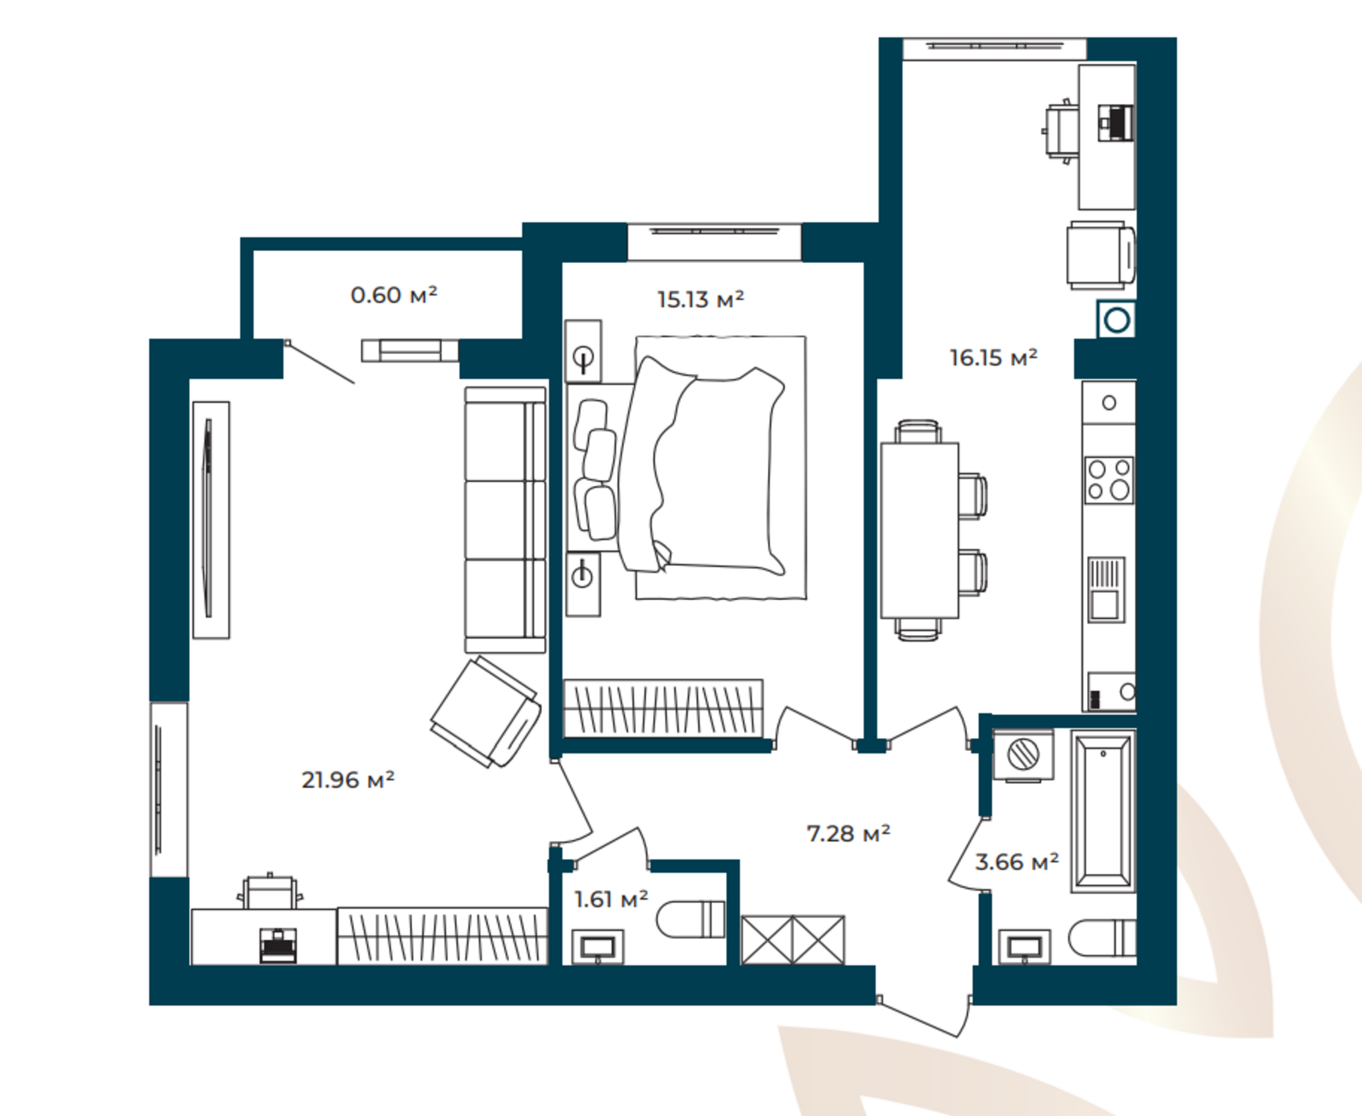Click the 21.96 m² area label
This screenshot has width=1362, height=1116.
pyautogui.click(x=348, y=780)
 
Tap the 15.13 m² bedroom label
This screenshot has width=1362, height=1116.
pyautogui.click(x=701, y=300)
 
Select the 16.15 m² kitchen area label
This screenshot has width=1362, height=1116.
pyautogui.click(x=993, y=358)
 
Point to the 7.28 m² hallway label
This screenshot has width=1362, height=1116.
pyautogui.click(x=849, y=833)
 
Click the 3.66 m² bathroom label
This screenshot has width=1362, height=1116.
pyautogui.click(x=1016, y=862)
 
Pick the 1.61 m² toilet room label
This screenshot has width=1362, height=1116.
pyautogui.click(x=611, y=900)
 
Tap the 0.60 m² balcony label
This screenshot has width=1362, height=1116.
pyautogui.click(x=394, y=295)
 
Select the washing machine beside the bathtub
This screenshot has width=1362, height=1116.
pyautogui.click(x=1023, y=754)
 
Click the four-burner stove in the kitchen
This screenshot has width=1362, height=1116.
pyautogui.click(x=1109, y=480)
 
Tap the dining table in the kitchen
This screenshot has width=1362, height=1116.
pyautogui.click(x=919, y=530)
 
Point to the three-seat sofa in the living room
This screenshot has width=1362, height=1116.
pyautogui.click(x=505, y=520)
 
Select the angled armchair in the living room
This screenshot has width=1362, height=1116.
pyautogui.click(x=486, y=711)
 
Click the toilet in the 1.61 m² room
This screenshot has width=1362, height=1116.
pyautogui.click(x=690, y=919)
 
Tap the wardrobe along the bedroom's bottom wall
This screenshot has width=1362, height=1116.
pyautogui.click(x=663, y=708)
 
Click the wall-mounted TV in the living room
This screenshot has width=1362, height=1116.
pyautogui.click(x=210, y=520)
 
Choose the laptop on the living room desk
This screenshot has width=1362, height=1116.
pyautogui.click(x=278, y=946)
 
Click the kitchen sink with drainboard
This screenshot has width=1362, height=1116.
pyautogui.click(x=1107, y=590)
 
